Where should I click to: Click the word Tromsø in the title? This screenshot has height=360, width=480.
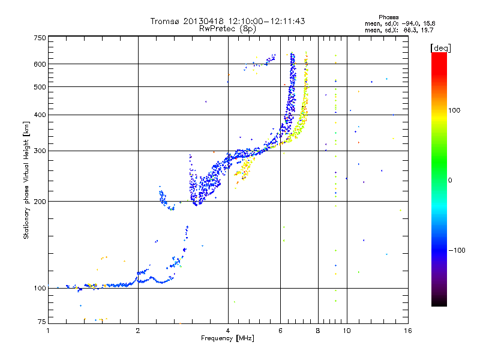tap(165, 21)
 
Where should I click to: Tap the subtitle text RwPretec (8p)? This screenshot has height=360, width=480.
tap(227, 29)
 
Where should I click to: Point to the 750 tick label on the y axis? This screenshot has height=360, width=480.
tap(40, 38)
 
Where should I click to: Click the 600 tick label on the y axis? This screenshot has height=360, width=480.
tap(40, 64)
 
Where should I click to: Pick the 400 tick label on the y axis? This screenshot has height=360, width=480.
tap(40, 115)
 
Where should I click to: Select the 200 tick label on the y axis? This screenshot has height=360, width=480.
tap(40, 202)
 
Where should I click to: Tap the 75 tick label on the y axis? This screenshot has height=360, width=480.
tap(42, 322)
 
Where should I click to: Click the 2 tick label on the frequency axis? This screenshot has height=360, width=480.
tap(138, 331)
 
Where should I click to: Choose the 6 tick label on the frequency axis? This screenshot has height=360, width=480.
tap(280, 331)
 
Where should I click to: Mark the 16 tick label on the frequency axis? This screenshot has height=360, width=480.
tap(408, 331)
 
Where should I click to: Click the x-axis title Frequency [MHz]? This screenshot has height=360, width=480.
tap(227, 338)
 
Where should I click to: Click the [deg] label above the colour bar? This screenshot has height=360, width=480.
tap(440, 48)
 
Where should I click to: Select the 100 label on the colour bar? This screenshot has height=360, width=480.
tap(454, 110)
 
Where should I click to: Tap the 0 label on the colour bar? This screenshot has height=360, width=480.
tap(450, 181)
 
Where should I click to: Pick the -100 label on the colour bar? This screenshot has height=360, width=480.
tap(457, 250)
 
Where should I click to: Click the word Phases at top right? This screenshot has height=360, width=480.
tap(388, 17)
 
